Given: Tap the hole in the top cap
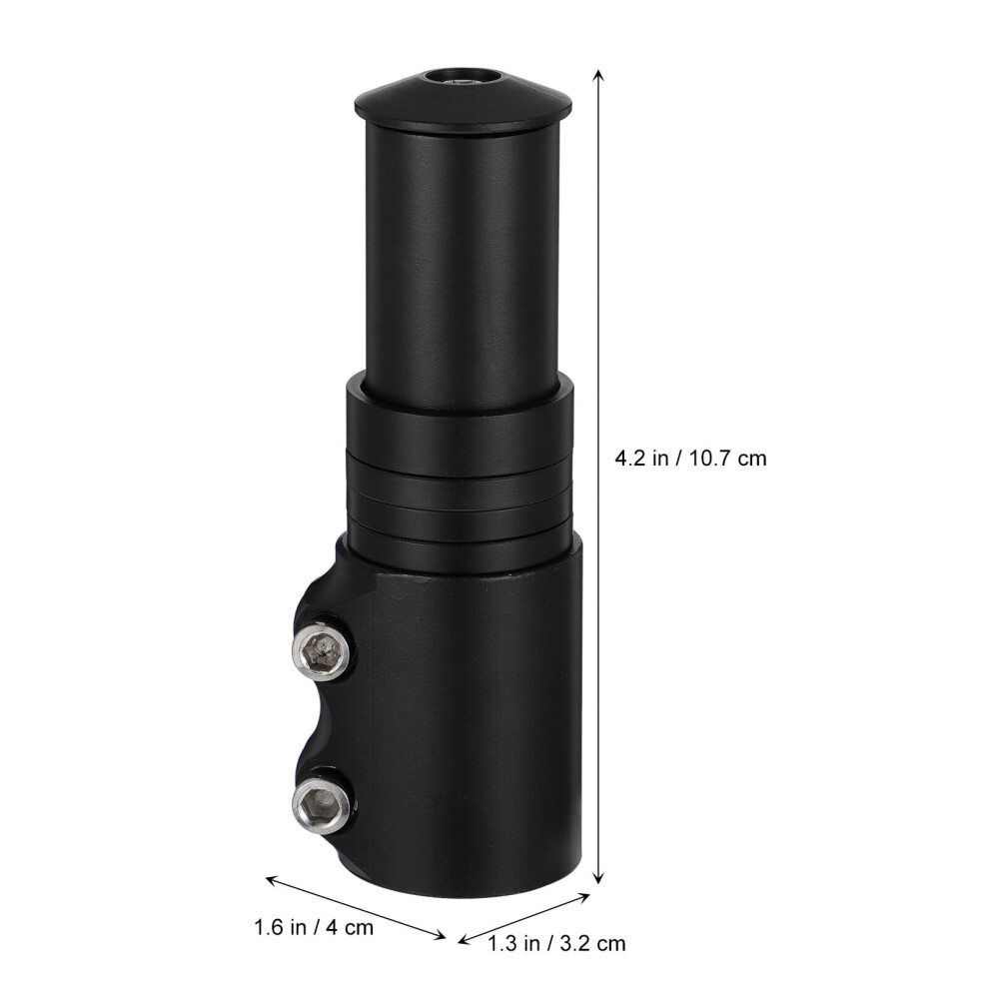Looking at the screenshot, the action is click(x=462, y=77).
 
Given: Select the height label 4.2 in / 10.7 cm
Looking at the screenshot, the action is click(x=690, y=458).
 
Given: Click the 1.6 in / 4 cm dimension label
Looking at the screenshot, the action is click(x=314, y=927).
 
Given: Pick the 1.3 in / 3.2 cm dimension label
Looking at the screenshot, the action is click(x=557, y=944).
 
